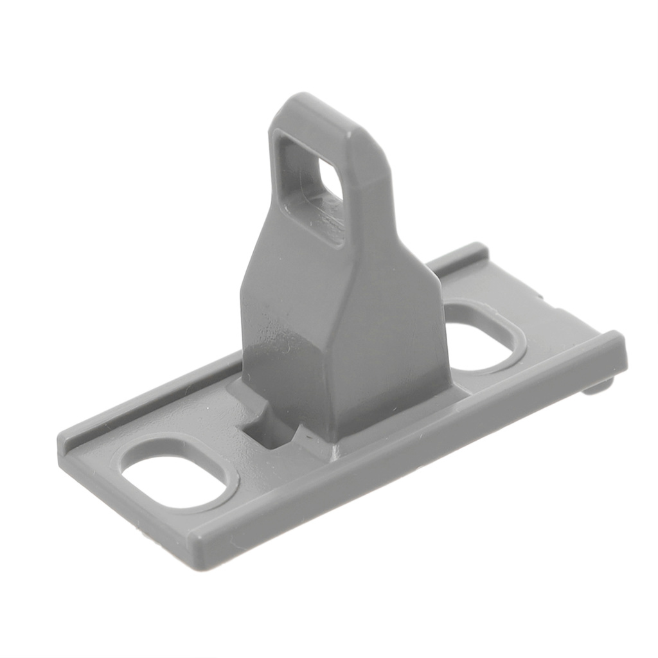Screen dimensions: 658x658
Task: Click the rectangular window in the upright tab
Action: pos(309,186)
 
